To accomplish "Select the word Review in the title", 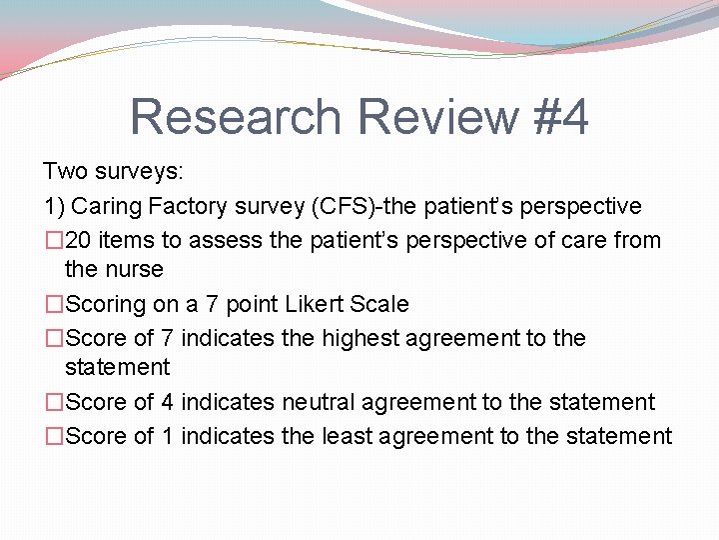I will tap(433, 117).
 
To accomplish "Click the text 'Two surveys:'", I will tap(113, 172).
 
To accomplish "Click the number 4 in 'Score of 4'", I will tap(168, 402).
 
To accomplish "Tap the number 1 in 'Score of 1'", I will tap(168, 436).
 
